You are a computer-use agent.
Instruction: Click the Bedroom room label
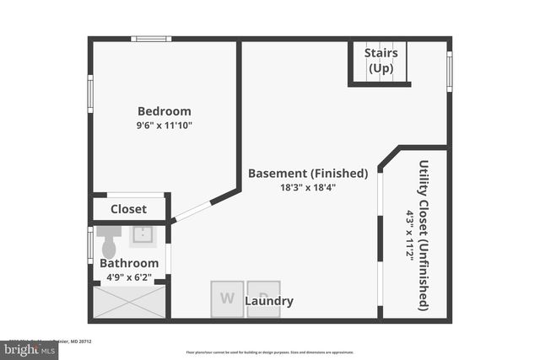pyautogui.click(x=165, y=111)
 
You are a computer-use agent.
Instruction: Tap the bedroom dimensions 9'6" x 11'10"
pyautogui.click(x=165, y=126)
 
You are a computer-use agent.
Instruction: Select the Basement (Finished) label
pyautogui.click(x=308, y=174)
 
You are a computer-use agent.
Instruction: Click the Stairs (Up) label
pyautogui.click(x=381, y=61)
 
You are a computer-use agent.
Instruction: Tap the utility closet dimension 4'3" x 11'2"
pyautogui.click(x=410, y=235)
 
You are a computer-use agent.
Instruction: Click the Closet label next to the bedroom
pyautogui.click(x=128, y=209)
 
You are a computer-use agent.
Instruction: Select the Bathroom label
pyautogui.click(x=129, y=263)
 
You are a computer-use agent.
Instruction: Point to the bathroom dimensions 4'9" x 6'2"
pyautogui.click(x=129, y=276)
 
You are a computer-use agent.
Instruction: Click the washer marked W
pyautogui.click(x=227, y=298)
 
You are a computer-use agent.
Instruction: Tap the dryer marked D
pyautogui.click(x=263, y=298)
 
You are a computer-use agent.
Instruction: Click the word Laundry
pyautogui.click(x=269, y=301)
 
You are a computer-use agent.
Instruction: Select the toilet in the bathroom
pyautogui.click(x=109, y=244)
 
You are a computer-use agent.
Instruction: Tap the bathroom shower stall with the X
pyautogui.click(x=129, y=302)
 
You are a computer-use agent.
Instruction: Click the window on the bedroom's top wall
pyautogui.click(x=151, y=39)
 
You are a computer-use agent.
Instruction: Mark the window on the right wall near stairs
pyautogui.click(x=449, y=72)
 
